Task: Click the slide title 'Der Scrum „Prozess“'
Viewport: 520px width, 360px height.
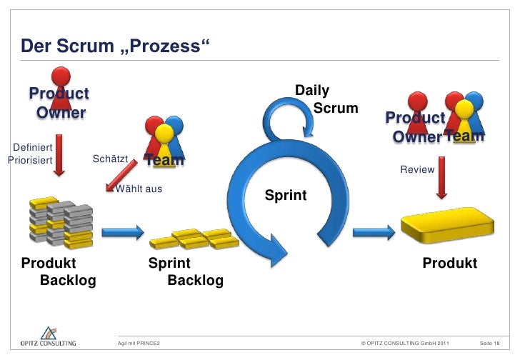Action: click(x=116, y=48)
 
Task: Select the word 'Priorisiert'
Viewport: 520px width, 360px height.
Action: click(x=29, y=160)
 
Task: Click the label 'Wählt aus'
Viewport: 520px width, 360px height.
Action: click(x=139, y=189)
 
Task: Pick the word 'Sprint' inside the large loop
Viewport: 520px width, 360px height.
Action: click(x=286, y=195)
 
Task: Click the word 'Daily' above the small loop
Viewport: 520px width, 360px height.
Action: click(x=312, y=91)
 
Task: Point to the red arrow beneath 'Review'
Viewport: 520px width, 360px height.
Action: click(x=442, y=176)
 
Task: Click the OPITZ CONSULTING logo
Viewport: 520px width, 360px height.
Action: click(x=47, y=338)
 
